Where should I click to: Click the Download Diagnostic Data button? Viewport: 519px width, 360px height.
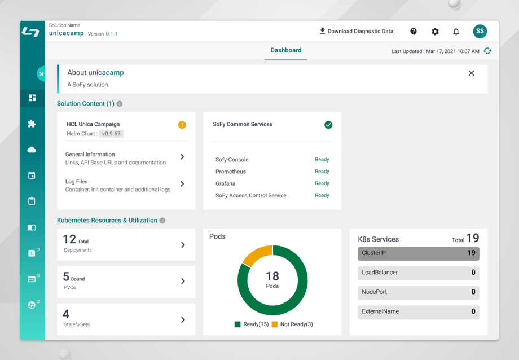(356, 31)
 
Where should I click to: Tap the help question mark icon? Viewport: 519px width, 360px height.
(414, 32)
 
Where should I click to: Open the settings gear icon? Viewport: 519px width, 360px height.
(435, 32)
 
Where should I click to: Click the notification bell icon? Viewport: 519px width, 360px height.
(456, 32)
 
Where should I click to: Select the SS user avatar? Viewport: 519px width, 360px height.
(480, 31)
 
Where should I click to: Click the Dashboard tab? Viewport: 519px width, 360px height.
(286, 50)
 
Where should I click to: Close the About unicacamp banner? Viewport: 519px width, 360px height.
(472, 73)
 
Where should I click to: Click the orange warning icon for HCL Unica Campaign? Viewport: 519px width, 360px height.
(182, 125)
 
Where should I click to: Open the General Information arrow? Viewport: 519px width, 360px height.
(182, 157)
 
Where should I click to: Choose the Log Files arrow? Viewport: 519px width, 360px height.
(182, 184)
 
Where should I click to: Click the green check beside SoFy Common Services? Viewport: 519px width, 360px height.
(328, 125)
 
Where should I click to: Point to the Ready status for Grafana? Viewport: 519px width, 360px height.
(322, 183)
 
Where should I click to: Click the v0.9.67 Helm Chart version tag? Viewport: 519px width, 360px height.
(112, 134)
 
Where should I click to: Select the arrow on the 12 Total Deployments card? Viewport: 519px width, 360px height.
(183, 245)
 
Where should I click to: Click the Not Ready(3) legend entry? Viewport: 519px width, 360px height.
(292, 324)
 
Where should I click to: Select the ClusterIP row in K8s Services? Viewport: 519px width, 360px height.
(419, 253)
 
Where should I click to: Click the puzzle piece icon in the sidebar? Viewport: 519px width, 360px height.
(32, 124)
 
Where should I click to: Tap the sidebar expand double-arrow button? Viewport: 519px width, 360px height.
(41, 74)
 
